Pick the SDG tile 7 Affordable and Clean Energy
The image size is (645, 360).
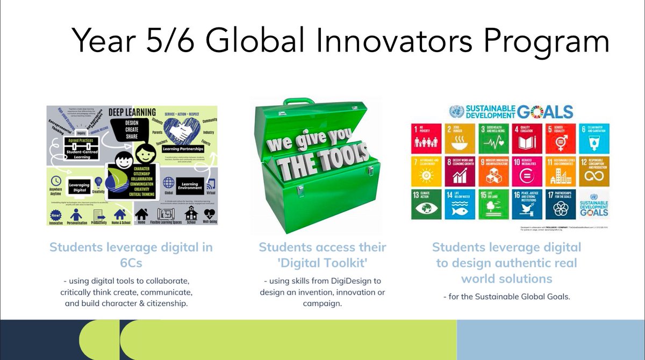[x=426, y=171]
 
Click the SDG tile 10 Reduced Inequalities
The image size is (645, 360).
[x=524, y=171]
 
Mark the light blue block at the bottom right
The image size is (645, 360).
[x=550, y=340]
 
